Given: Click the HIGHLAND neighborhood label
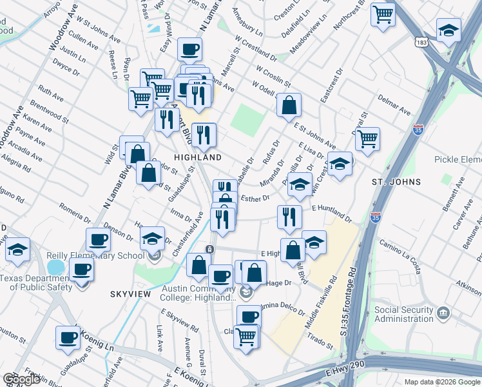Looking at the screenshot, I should click(x=198, y=157).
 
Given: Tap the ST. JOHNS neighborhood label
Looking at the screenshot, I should click(x=396, y=182).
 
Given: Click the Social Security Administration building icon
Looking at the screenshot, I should click(x=442, y=313).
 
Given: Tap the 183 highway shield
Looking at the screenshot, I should click(x=421, y=41).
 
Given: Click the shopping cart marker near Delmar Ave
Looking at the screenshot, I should click(x=367, y=139).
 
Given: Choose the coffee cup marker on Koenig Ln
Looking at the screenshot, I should click(x=68, y=337).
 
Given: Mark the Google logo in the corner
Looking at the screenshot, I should click(x=21, y=379).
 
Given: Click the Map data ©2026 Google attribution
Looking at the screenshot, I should click(x=439, y=381).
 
